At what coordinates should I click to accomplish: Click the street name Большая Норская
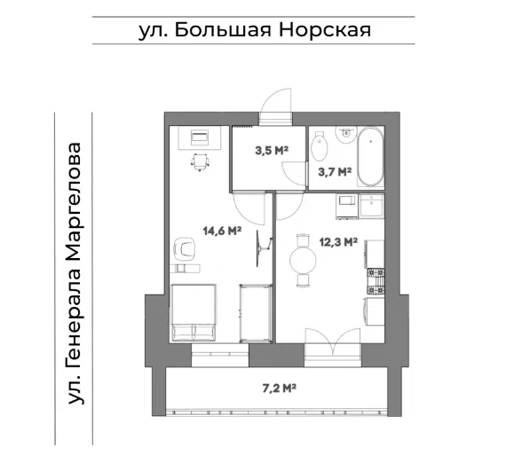coord(254,29)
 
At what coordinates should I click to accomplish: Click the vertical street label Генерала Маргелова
coord(78,272)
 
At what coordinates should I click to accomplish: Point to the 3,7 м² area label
coord(335,172)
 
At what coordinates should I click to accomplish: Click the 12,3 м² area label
coord(337,240)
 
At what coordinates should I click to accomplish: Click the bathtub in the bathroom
coord(370,154)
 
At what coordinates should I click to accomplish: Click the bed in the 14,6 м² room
coord(194,312)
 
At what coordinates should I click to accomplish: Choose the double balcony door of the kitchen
coord(334,341)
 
